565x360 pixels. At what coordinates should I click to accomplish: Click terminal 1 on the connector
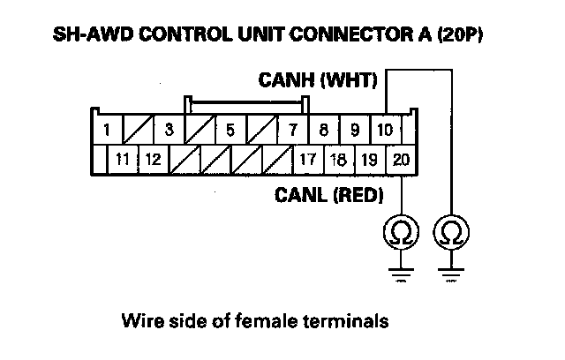click(108, 129)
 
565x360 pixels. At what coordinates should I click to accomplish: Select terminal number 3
click(169, 129)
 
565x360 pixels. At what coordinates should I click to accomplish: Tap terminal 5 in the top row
click(230, 129)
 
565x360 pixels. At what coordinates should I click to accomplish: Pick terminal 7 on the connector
click(292, 129)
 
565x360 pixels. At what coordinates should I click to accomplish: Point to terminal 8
click(324, 129)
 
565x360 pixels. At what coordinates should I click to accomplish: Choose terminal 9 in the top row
click(355, 129)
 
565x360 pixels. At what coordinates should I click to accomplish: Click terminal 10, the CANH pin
click(386, 129)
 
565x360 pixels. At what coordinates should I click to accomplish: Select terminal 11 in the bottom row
click(123, 159)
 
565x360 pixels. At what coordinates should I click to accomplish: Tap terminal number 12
click(154, 159)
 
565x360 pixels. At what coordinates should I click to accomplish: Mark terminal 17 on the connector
click(308, 159)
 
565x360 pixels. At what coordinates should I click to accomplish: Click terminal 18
click(339, 159)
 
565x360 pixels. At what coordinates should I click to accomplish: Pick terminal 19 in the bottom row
click(370, 159)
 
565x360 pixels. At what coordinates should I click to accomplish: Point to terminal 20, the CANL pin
click(401, 159)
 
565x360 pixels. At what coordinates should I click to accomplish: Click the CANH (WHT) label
click(318, 80)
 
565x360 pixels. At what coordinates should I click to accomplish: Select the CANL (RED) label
click(328, 195)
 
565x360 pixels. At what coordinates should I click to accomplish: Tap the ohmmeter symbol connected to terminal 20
click(401, 232)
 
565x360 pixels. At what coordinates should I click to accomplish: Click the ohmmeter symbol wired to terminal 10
click(451, 232)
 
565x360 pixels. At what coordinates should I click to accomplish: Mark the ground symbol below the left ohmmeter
click(401, 274)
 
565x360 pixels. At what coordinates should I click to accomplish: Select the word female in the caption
click(267, 321)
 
